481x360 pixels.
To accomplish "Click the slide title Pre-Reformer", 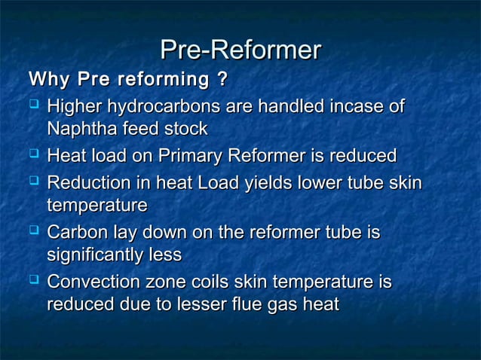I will [240, 51].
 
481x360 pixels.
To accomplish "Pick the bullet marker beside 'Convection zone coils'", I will [34, 282].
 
